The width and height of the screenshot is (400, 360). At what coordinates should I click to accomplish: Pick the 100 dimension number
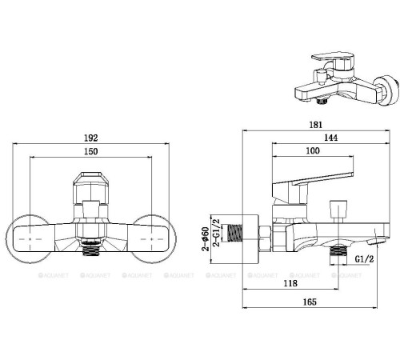(313, 152)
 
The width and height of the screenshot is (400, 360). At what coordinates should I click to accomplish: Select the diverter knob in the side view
(339, 210)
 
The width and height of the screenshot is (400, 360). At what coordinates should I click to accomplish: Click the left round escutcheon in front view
(32, 238)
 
